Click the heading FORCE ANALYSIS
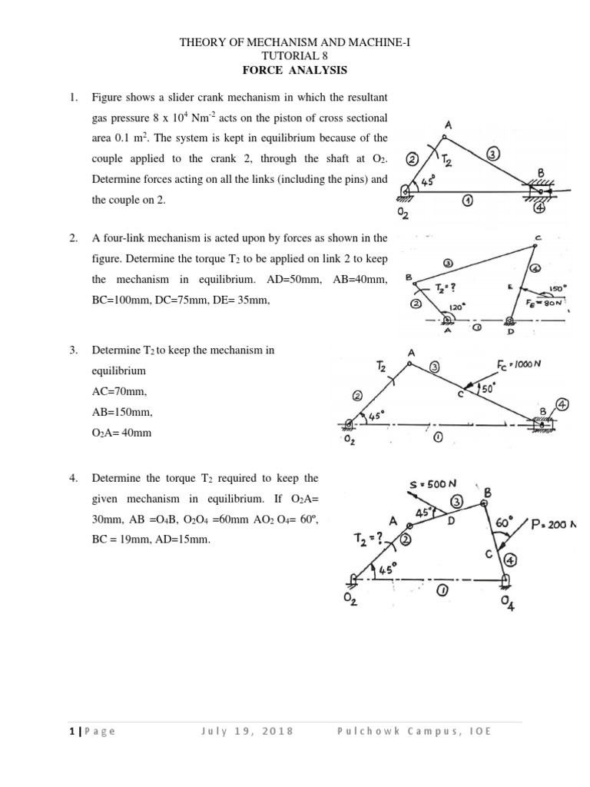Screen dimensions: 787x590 295,70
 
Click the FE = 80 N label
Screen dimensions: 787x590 546,304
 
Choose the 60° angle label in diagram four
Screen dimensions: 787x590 504,523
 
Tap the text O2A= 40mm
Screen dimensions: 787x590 121,433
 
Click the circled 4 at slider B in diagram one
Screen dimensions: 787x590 539,207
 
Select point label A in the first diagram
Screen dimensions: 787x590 446,125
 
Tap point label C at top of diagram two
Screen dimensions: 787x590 539,239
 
